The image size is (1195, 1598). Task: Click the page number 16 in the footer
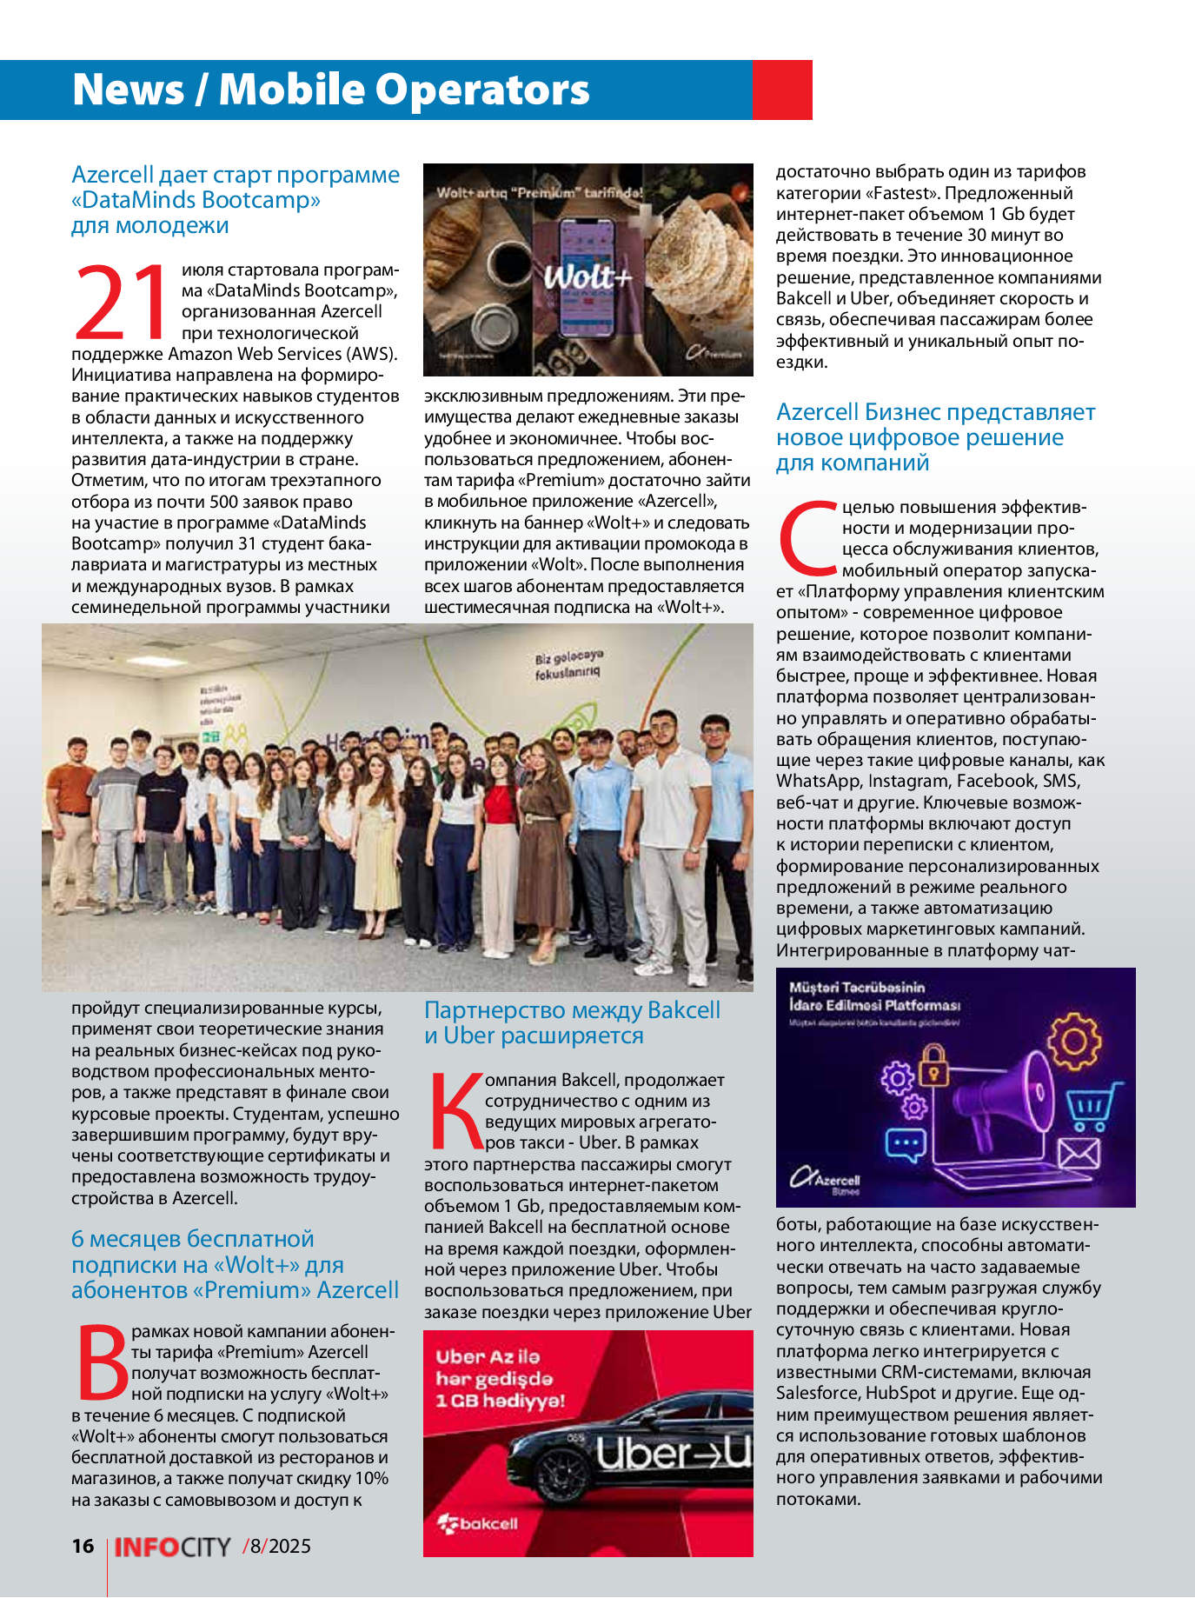click(83, 1545)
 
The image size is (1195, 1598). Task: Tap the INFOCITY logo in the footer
click(172, 1546)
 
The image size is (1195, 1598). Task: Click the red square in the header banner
click(781, 90)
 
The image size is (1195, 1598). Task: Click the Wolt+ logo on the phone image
click(588, 277)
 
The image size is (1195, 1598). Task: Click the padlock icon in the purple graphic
click(933, 1062)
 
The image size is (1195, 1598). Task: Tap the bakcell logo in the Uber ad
click(477, 1523)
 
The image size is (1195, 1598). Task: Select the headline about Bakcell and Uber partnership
click(572, 1022)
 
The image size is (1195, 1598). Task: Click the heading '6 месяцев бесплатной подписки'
click(235, 1264)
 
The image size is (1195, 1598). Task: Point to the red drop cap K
click(455, 1111)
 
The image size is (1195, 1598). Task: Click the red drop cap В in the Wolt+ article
click(102, 1362)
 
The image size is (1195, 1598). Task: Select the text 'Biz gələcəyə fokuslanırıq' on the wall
click(568, 664)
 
